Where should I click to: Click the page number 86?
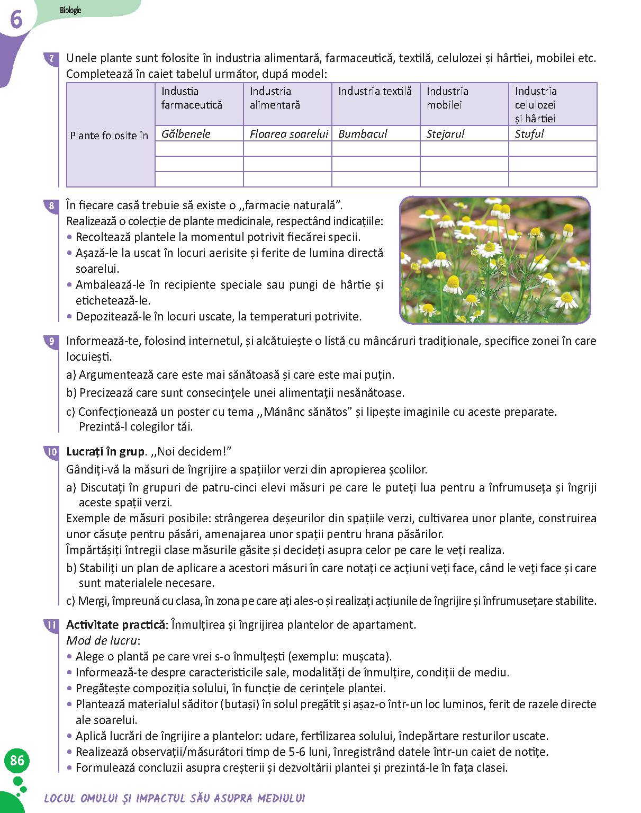(17, 761)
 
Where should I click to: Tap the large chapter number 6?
(16, 20)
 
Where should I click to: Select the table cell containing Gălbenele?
(199, 133)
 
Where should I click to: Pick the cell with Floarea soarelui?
(287, 133)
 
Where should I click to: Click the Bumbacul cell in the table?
(376, 133)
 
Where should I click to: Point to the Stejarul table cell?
(464, 133)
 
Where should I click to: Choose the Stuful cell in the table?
(553, 133)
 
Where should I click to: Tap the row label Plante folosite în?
(110, 136)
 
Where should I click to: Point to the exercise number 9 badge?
(51, 341)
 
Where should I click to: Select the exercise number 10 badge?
(51, 452)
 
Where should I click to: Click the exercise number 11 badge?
(51, 625)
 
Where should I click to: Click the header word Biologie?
(70, 11)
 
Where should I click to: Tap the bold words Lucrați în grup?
(105, 452)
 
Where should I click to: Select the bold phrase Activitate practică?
(115, 624)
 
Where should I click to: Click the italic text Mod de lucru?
(102, 640)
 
